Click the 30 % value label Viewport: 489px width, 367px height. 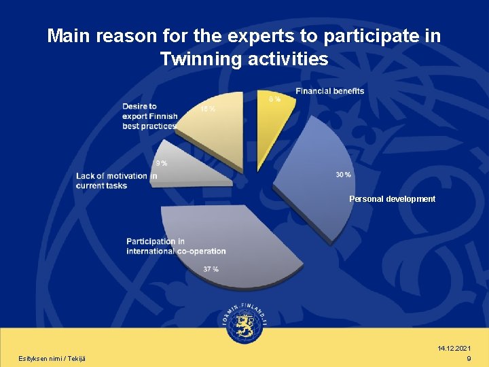click(344, 175)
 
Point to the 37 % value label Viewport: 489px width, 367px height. click(211, 269)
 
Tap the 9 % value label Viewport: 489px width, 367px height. click(162, 163)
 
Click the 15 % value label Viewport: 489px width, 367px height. click(208, 109)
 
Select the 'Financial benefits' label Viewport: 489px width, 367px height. click(330, 91)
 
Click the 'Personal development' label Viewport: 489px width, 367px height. click(392, 199)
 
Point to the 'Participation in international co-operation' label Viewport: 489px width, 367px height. click(176, 246)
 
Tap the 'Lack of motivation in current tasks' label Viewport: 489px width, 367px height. click(116, 181)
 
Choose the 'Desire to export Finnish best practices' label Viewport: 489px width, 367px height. click(149, 116)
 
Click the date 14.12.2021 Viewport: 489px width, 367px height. click(454, 348)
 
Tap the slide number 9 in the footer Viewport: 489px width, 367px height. click(469, 358)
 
